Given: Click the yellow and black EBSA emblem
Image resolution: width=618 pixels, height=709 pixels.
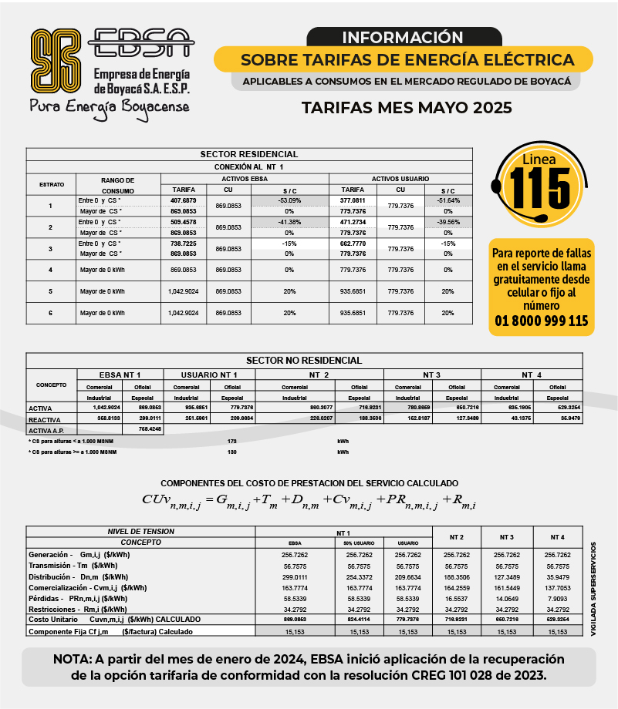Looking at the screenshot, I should [x=56, y=59].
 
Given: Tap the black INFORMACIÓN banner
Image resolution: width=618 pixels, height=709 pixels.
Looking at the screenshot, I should [x=402, y=37].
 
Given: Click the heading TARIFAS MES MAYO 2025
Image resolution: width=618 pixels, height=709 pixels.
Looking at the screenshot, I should [x=407, y=107].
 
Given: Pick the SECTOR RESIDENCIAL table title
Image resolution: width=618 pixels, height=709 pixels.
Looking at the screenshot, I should [x=248, y=154].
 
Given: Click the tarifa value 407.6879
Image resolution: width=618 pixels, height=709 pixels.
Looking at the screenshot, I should [x=183, y=200].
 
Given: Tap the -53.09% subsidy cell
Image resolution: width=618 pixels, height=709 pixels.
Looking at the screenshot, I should [x=289, y=200].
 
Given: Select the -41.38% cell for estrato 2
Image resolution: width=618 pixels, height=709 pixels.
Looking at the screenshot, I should [x=289, y=222].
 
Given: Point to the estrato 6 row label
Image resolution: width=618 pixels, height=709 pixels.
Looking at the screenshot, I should [x=50, y=313].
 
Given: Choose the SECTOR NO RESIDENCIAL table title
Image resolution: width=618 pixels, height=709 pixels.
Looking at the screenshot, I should [x=303, y=360].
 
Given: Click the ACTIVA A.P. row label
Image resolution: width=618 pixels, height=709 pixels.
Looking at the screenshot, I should [x=46, y=430].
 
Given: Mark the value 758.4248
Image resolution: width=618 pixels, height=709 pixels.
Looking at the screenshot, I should [x=149, y=428].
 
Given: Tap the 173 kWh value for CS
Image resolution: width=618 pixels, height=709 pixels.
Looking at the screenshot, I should [x=232, y=441].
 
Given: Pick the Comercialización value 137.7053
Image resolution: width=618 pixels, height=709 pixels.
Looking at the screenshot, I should [x=557, y=586].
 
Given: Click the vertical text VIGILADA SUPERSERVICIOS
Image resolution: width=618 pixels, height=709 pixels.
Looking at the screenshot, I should [x=593, y=590].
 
